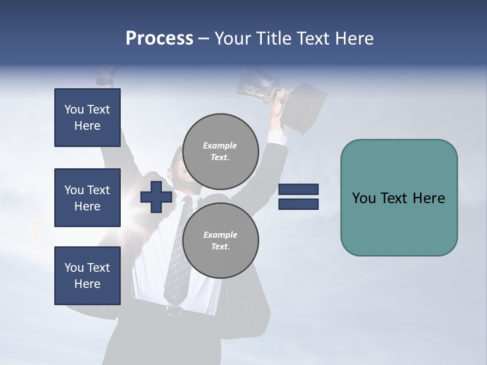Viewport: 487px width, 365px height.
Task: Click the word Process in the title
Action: click(x=159, y=39)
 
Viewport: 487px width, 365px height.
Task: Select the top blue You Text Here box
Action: click(x=87, y=118)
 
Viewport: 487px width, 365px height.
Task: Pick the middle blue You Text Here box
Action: click(x=87, y=198)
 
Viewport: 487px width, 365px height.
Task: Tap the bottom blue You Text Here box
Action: click(x=87, y=276)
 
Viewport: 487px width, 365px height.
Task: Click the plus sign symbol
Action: click(x=156, y=197)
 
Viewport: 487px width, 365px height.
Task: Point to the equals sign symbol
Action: click(x=298, y=197)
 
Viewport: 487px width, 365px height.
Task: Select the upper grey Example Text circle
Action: click(x=220, y=152)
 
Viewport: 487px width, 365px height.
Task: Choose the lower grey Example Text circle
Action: click(x=220, y=240)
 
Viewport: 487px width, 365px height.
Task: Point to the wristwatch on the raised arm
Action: click(x=105, y=81)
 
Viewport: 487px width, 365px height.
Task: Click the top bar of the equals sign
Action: click(x=298, y=190)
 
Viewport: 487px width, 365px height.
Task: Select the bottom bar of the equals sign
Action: click(x=298, y=204)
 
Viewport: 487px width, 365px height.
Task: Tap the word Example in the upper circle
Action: click(x=220, y=145)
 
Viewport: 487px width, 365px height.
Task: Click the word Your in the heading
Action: click(x=232, y=39)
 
